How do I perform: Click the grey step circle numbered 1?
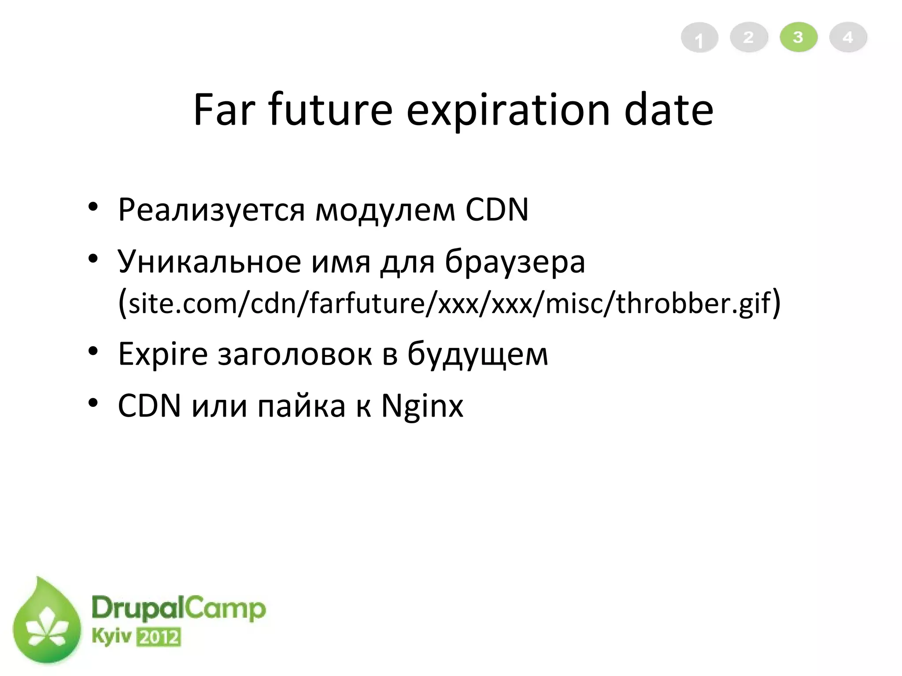click(x=699, y=38)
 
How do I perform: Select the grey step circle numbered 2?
click(x=749, y=37)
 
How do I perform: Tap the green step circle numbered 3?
click(x=798, y=37)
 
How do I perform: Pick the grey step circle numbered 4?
click(x=848, y=37)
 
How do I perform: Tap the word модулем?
click(x=385, y=210)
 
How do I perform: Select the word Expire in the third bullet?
click(x=163, y=355)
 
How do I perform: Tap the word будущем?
click(x=477, y=355)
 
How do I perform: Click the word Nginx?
click(x=422, y=406)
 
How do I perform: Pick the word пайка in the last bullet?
click(x=301, y=406)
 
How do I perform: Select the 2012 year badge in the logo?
click(x=159, y=637)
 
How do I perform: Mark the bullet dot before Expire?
click(x=92, y=351)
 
